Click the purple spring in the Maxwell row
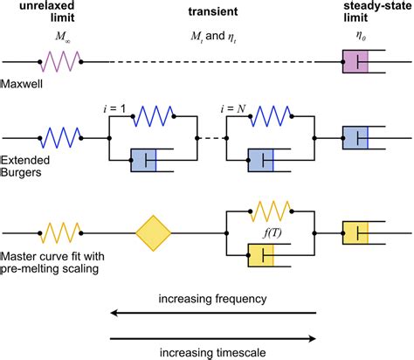(61, 62)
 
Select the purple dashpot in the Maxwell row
(357, 62)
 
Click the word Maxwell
(21, 85)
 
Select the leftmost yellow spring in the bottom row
(61, 233)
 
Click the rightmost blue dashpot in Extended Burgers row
(357, 137)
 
